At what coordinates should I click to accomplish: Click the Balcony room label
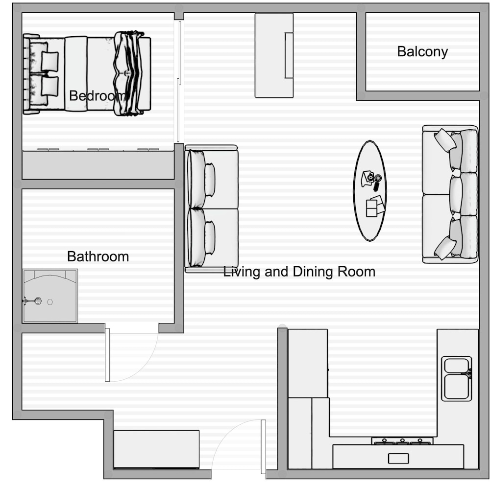click(x=422, y=52)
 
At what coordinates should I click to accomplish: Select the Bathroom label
click(x=98, y=256)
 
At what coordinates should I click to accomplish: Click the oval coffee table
click(x=370, y=191)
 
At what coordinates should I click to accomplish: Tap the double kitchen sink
click(x=457, y=379)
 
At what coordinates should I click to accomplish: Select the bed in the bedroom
click(x=87, y=73)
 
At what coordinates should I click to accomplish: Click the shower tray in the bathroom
click(x=50, y=296)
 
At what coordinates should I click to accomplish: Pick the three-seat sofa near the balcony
click(x=450, y=194)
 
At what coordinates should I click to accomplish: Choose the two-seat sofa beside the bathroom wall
click(x=212, y=208)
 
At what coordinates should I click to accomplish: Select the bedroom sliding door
click(x=179, y=81)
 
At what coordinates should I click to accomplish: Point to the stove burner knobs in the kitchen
click(x=402, y=441)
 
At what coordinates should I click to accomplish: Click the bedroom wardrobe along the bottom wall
click(x=98, y=164)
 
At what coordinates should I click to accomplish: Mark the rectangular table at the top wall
click(x=274, y=55)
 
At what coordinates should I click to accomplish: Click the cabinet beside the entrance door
click(x=156, y=449)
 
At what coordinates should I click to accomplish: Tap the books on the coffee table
click(x=375, y=206)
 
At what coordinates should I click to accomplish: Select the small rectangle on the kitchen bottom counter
click(x=398, y=459)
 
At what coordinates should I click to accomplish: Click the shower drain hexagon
click(x=50, y=302)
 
